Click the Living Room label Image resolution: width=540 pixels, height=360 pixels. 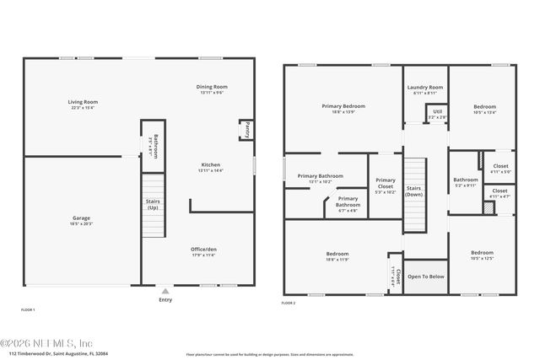(x=82, y=105)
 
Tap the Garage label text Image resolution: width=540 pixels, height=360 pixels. (x=82, y=221)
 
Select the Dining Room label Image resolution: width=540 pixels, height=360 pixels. (x=212, y=89)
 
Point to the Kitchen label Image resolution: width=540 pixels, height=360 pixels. (x=210, y=167)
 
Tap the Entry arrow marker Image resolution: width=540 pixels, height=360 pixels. (x=165, y=291)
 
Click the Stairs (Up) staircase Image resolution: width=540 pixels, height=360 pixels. (x=153, y=206)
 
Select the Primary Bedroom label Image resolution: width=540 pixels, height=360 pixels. (x=343, y=108)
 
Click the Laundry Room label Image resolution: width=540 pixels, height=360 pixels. (x=424, y=89)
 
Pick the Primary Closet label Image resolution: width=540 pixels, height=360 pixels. (x=385, y=185)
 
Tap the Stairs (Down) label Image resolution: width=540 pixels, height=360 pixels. (x=413, y=191)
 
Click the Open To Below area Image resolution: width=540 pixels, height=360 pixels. (x=426, y=277)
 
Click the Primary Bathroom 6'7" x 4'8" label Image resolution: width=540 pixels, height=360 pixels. (x=348, y=203)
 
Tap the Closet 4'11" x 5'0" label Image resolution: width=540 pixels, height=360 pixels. (x=500, y=169)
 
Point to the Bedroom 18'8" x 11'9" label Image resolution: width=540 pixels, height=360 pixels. (x=343, y=256)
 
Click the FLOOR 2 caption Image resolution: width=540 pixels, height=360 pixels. (x=289, y=303)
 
